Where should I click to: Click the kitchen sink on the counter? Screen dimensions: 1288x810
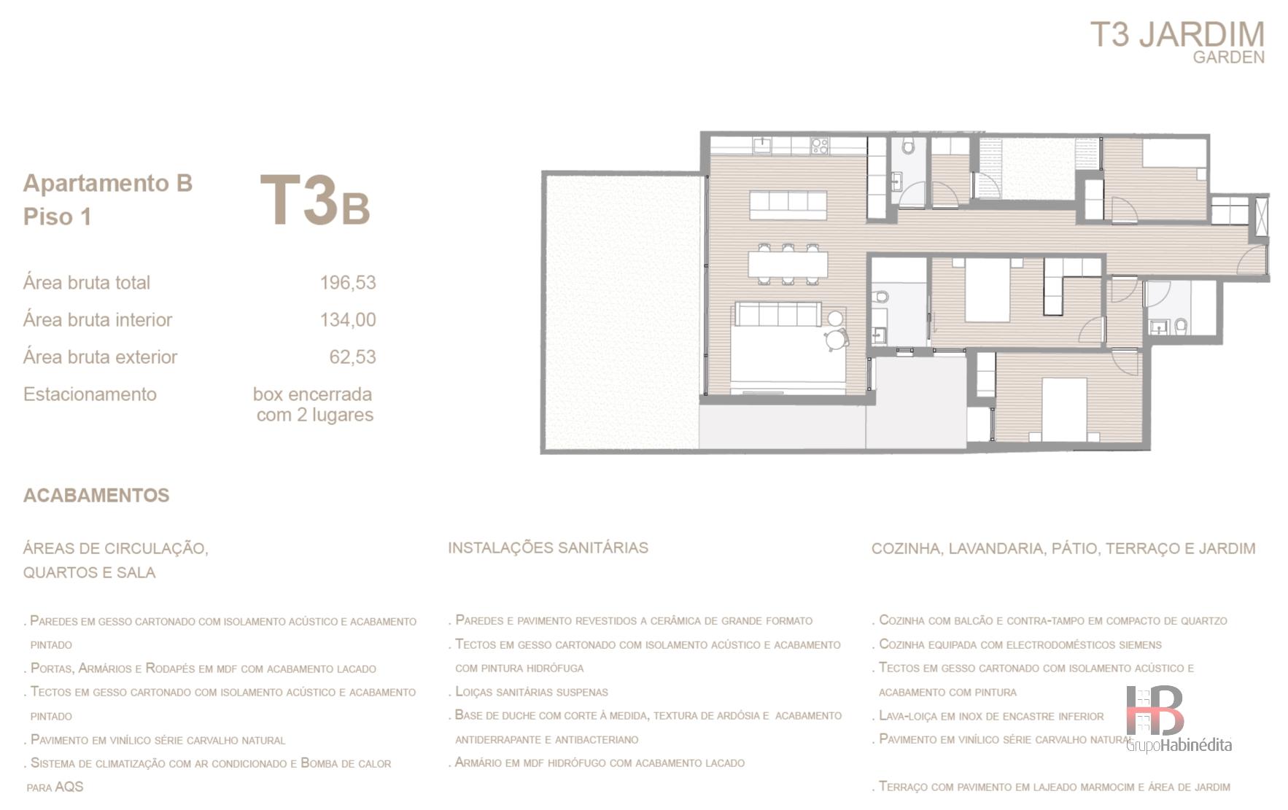click(x=762, y=144)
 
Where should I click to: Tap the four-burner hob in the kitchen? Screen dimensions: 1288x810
click(x=820, y=145)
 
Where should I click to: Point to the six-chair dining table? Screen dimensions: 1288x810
click(x=788, y=264)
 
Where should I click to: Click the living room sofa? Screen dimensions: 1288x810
click(x=778, y=314)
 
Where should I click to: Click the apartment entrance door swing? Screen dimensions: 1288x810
click(x=1251, y=260)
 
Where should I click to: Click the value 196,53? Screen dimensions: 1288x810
click(x=348, y=283)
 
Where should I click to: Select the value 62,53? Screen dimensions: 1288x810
click(x=352, y=357)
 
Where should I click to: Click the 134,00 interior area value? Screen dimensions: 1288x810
click(x=348, y=320)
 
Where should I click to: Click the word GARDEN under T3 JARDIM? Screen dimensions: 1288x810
click(x=1228, y=57)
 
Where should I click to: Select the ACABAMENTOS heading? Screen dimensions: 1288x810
click(x=96, y=496)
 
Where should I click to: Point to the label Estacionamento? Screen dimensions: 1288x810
click(x=90, y=394)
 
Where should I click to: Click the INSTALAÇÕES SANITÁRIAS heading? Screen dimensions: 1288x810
click(x=548, y=548)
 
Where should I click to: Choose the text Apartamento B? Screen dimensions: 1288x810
click(x=107, y=183)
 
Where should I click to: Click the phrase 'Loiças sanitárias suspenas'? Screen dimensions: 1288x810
click(x=531, y=692)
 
